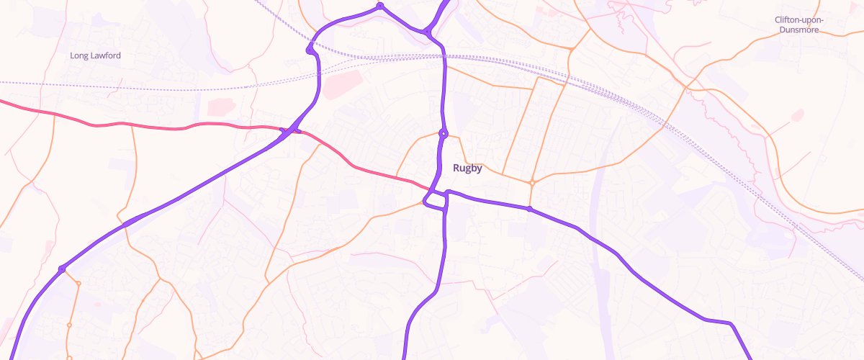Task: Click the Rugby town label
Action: click(x=467, y=168)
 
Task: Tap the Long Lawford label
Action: click(x=95, y=55)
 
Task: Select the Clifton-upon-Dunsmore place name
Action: click(x=799, y=24)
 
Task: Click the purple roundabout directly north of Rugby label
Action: click(x=443, y=133)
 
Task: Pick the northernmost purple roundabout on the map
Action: click(x=379, y=6)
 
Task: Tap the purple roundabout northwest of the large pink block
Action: click(x=310, y=50)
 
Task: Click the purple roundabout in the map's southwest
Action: click(x=62, y=269)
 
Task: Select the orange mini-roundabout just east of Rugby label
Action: click(x=532, y=183)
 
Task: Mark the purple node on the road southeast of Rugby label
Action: click(x=529, y=209)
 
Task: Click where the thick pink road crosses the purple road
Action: click(x=290, y=130)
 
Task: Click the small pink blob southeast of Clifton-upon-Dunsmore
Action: click(x=797, y=114)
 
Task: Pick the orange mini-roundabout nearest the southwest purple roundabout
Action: click(x=78, y=284)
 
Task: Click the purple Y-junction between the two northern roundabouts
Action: click(x=428, y=32)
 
